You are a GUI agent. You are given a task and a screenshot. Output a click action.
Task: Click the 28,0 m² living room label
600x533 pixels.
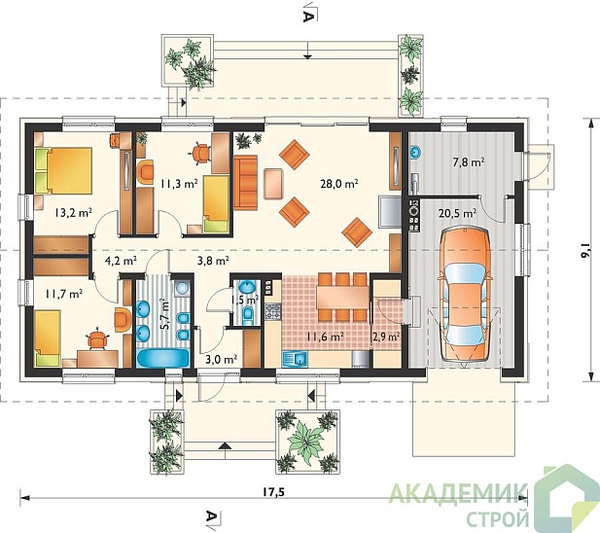pyautogui.click(x=338, y=183)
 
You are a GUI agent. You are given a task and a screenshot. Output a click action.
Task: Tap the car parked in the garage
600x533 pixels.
pyautogui.click(x=465, y=295)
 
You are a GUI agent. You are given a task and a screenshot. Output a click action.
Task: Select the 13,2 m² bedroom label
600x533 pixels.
pyautogui.click(x=73, y=213)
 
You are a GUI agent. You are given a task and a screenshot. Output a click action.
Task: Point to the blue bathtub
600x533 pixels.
pyautogui.click(x=163, y=358)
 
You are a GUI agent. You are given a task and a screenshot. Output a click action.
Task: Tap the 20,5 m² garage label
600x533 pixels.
pyautogui.click(x=457, y=213)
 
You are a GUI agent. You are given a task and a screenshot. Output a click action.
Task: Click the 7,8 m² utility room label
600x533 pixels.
pyautogui.click(x=469, y=162)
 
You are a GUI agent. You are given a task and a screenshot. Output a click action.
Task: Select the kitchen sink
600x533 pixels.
pyautogui.click(x=295, y=359)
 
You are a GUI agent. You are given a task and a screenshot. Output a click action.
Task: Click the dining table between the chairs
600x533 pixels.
pyautogui.click(x=342, y=297)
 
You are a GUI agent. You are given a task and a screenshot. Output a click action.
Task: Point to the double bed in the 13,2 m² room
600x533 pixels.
pyautogui.click(x=63, y=170)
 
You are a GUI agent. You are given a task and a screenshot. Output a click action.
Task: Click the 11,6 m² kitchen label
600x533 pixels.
pyautogui.click(x=324, y=337)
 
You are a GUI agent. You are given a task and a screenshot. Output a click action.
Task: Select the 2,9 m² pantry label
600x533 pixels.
pyautogui.click(x=386, y=337)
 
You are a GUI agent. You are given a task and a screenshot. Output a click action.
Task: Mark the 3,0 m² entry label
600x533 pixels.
pyautogui.click(x=221, y=359)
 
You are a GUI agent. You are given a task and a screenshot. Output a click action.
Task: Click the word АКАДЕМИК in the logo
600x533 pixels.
pyautogui.click(x=458, y=493)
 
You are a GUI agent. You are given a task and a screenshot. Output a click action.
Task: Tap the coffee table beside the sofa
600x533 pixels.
pyautogui.click(x=273, y=184)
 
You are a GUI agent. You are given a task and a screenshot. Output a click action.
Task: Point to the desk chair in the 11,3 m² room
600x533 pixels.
pyautogui.click(x=201, y=153)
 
